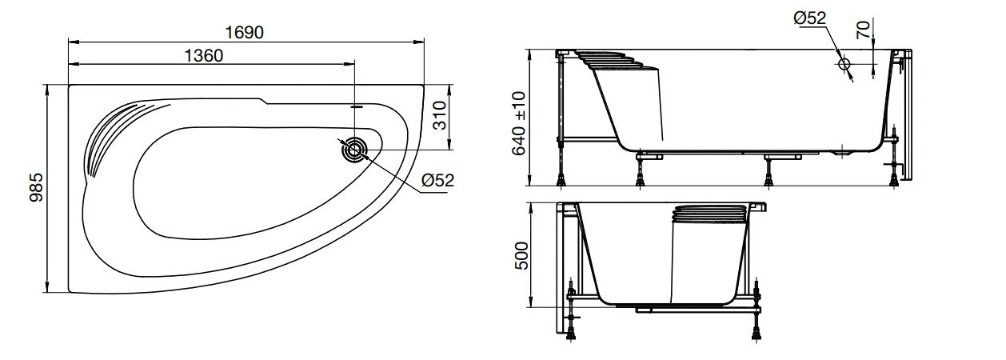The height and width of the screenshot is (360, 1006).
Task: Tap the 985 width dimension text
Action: click(x=36, y=189)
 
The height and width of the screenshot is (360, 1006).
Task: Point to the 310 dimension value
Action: click(x=439, y=117)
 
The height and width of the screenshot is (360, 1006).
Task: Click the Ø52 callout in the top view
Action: click(x=437, y=180)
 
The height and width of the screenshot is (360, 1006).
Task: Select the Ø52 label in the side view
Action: click(x=809, y=18)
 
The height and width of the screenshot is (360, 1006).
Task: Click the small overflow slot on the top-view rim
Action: click(x=357, y=105)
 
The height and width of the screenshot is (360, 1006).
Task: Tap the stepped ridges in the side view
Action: click(x=612, y=62)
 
